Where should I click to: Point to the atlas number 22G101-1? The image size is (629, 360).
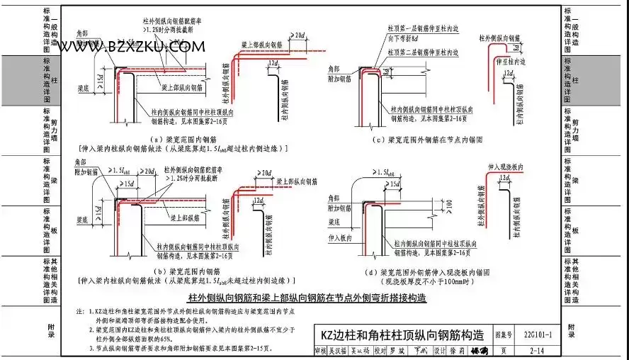536,332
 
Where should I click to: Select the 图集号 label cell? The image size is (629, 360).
502,332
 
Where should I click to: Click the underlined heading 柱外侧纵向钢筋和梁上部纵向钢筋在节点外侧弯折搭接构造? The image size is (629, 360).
307,298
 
